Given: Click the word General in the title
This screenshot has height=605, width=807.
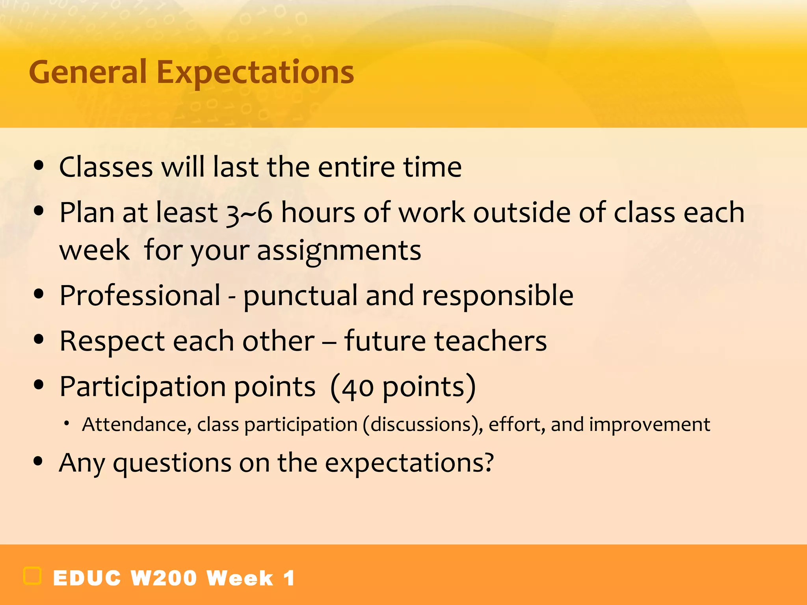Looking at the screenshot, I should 87,72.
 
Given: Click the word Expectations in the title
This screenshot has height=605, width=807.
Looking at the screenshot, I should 255,73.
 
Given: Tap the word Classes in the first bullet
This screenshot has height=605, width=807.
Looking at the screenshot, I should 106,167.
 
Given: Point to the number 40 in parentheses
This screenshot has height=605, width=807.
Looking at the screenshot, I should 357,388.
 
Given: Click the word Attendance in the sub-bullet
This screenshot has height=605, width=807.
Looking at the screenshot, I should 136,425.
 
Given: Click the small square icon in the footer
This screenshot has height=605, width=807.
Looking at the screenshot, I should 32,576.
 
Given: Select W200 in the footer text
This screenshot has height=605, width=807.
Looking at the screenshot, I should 164,578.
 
